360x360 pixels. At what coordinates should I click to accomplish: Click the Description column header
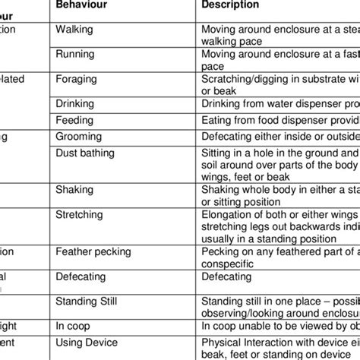(x=230, y=5)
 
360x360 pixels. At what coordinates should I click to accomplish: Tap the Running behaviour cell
(x=74, y=54)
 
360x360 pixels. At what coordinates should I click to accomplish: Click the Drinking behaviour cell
(x=75, y=103)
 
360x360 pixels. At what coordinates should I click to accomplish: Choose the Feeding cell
(x=74, y=121)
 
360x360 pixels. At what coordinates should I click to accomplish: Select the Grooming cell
(x=79, y=138)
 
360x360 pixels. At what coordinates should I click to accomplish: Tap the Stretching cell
(x=80, y=215)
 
